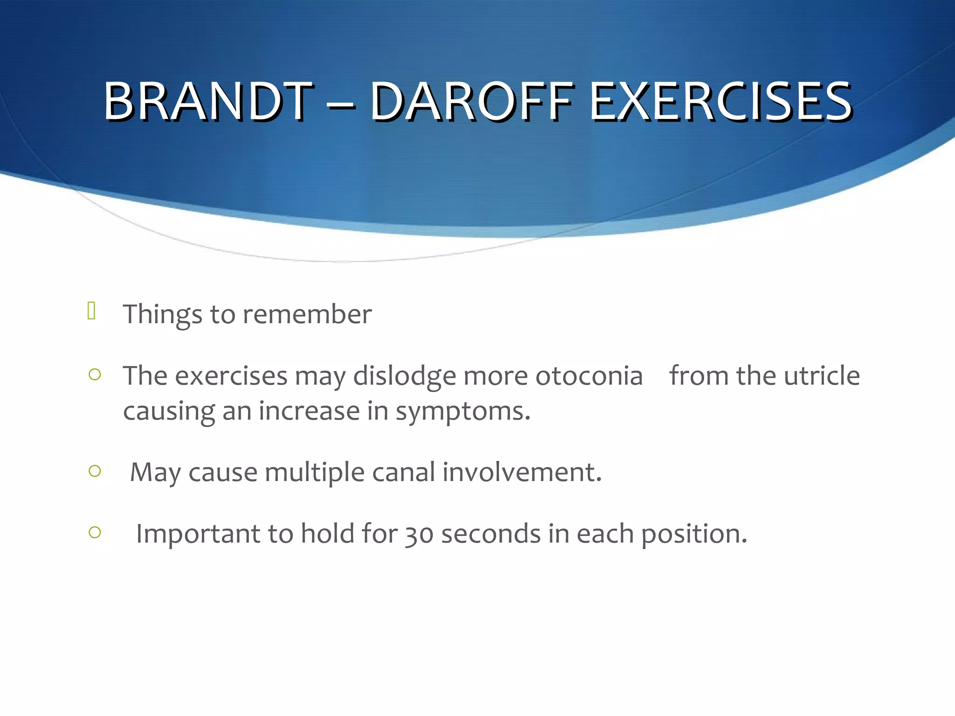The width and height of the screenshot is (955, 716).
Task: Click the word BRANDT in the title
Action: pos(208,101)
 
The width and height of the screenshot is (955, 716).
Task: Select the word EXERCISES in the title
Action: pos(721,101)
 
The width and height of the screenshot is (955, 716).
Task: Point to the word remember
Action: pos(307,314)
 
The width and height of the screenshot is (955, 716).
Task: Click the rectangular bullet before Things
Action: pos(91,310)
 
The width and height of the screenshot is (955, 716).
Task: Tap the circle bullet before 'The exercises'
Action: pos(95,374)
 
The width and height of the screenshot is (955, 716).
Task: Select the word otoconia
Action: pos(589,376)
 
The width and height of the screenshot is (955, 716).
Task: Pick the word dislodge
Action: pos(404,377)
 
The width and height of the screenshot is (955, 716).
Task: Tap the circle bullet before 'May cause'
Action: pos(95,471)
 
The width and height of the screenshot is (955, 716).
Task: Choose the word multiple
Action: pos(314,473)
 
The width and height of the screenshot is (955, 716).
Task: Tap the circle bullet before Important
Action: pos(95,532)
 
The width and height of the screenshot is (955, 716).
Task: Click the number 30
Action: pos(419,535)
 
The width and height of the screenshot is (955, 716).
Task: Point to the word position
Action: pos(694,535)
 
